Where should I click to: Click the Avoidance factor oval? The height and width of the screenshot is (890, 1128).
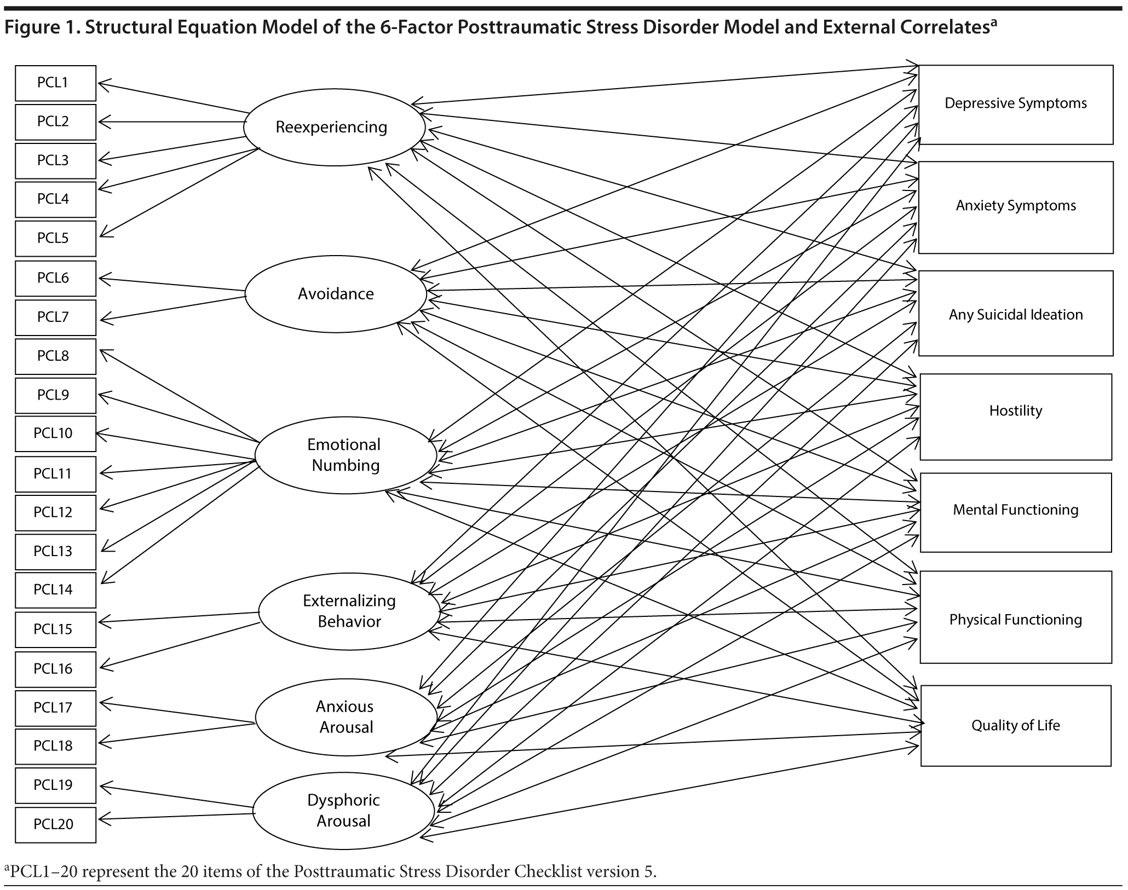(336, 294)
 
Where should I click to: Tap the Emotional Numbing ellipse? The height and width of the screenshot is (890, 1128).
(346, 455)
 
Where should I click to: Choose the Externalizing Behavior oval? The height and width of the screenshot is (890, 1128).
(349, 611)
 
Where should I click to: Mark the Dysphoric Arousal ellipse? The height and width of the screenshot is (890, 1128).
(344, 811)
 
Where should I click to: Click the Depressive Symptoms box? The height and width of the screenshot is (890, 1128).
(1015, 104)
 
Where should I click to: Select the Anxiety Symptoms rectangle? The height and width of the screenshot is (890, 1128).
(1015, 206)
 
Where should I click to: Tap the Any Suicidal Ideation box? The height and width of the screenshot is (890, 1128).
(1015, 314)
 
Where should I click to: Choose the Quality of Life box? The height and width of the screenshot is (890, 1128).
(1015, 725)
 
